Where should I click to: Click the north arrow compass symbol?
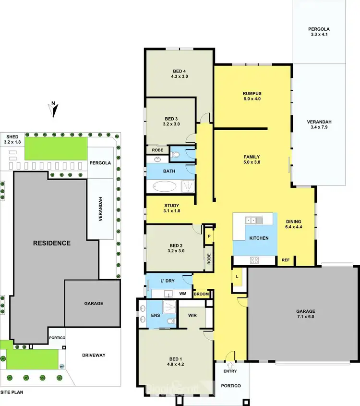click(x=54, y=110)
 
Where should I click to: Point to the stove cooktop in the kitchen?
click(x=254, y=260)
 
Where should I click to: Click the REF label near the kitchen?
click(x=286, y=260)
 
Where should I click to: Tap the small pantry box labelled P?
click(x=209, y=236)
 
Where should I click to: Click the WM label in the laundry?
click(x=182, y=293)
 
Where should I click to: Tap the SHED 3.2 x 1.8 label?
click(x=12, y=139)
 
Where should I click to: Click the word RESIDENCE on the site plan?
click(x=51, y=243)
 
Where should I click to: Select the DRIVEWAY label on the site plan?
click(x=94, y=355)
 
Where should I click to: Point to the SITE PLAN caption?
click(x=12, y=392)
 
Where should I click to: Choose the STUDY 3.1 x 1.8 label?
click(x=171, y=208)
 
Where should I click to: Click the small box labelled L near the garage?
click(x=237, y=276)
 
